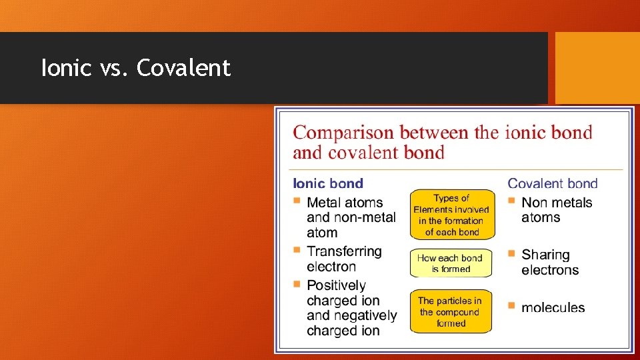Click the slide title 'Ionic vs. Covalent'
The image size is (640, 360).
[136, 68]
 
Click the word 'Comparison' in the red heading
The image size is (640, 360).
[338, 132]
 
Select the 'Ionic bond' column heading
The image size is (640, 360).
[328, 183]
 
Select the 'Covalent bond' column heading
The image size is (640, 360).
[553, 183]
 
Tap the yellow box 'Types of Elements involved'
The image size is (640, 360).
[452, 215]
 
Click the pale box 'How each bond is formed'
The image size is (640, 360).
[451, 263]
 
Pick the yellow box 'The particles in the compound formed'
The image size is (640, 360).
[451, 311]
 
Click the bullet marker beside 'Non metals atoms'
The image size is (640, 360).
[511, 201]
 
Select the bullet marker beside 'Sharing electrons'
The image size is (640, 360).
[511, 253]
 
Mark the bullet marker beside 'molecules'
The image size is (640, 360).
[511, 305]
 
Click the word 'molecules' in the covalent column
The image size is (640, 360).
[553, 307]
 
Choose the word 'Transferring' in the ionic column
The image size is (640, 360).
[344, 251]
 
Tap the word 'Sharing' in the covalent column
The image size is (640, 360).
[545, 255]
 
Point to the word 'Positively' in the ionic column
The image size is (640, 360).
[336, 285]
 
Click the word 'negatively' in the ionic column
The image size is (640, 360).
[365, 315]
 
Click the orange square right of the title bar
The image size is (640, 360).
[597, 68]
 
